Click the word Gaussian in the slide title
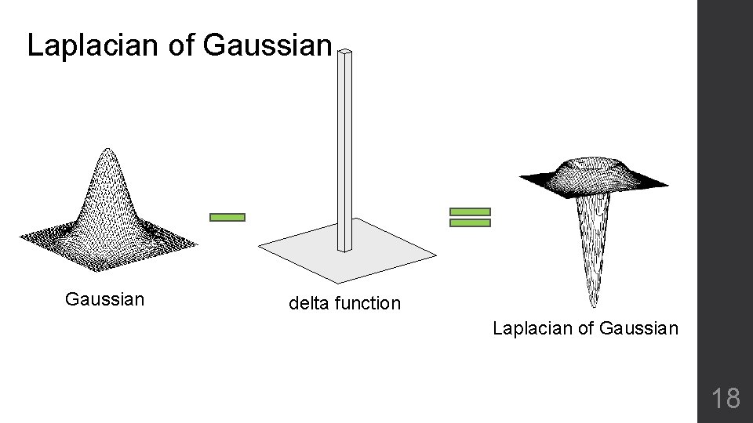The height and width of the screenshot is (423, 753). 267,45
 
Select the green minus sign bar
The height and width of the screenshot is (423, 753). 227,218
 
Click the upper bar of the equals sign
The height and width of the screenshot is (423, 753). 470,211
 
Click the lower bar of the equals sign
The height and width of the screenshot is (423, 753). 470,223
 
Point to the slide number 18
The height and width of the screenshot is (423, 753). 726,399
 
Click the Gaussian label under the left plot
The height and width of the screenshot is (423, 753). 105,299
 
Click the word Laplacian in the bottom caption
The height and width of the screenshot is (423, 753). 533,328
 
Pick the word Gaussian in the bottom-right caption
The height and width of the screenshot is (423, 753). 638,328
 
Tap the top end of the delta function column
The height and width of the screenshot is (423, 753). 345,52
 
